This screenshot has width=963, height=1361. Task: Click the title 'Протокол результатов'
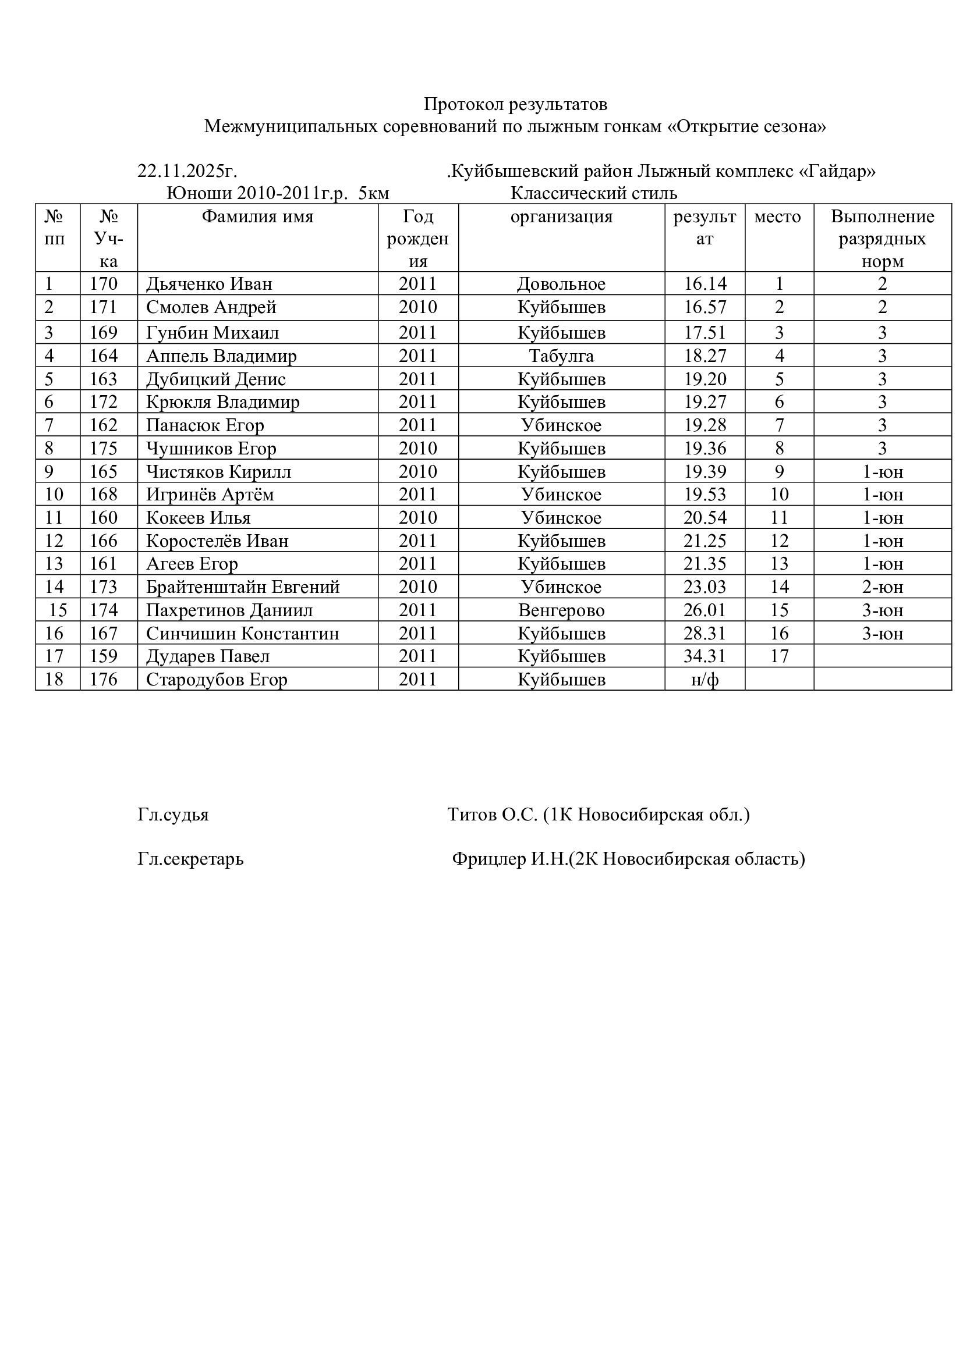tap(515, 104)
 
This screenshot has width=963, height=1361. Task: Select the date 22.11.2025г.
tap(187, 171)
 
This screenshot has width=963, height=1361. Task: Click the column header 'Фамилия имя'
tap(257, 217)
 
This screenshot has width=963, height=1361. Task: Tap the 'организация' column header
tap(561, 217)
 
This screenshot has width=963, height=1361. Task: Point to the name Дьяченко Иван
tap(209, 284)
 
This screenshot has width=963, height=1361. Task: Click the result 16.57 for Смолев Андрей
tap(704, 308)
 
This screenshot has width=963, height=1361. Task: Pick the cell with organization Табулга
tap(561, 356)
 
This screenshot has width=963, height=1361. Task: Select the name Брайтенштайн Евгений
tap(243, 587)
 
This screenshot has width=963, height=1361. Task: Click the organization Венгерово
tap(561, 610)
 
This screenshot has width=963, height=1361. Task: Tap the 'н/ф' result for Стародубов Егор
tap(704, 679)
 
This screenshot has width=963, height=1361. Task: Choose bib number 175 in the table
tap(104, 448)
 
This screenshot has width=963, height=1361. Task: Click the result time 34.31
tap(704, 656)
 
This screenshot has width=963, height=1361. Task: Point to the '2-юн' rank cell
tap(881, 587)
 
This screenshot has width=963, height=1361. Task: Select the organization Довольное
tap(561, 284)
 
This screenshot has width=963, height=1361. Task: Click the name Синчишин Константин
tap(243, 634)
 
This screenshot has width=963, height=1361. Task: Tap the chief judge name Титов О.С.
tap(492, 815)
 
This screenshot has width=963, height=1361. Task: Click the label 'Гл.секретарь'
tap(190, 858)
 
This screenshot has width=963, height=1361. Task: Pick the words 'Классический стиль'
tap(593, 194)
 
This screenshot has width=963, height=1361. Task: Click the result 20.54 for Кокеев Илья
tap(704, 517)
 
